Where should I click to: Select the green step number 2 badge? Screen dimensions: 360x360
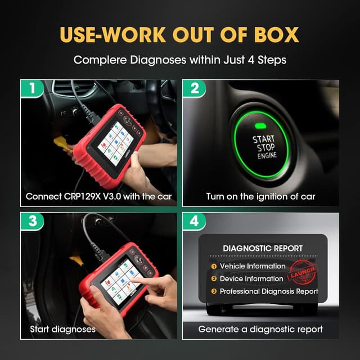195,88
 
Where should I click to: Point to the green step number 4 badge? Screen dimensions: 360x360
195,221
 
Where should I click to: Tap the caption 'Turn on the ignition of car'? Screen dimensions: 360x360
261,196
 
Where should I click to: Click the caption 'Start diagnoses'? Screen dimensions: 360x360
62,328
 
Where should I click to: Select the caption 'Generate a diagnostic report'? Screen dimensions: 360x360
260,328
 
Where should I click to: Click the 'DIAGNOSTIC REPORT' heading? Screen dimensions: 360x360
263,248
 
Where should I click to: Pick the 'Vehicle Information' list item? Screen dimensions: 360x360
253,266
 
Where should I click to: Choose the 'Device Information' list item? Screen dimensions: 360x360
251,278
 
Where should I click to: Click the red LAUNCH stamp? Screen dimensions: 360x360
302,274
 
